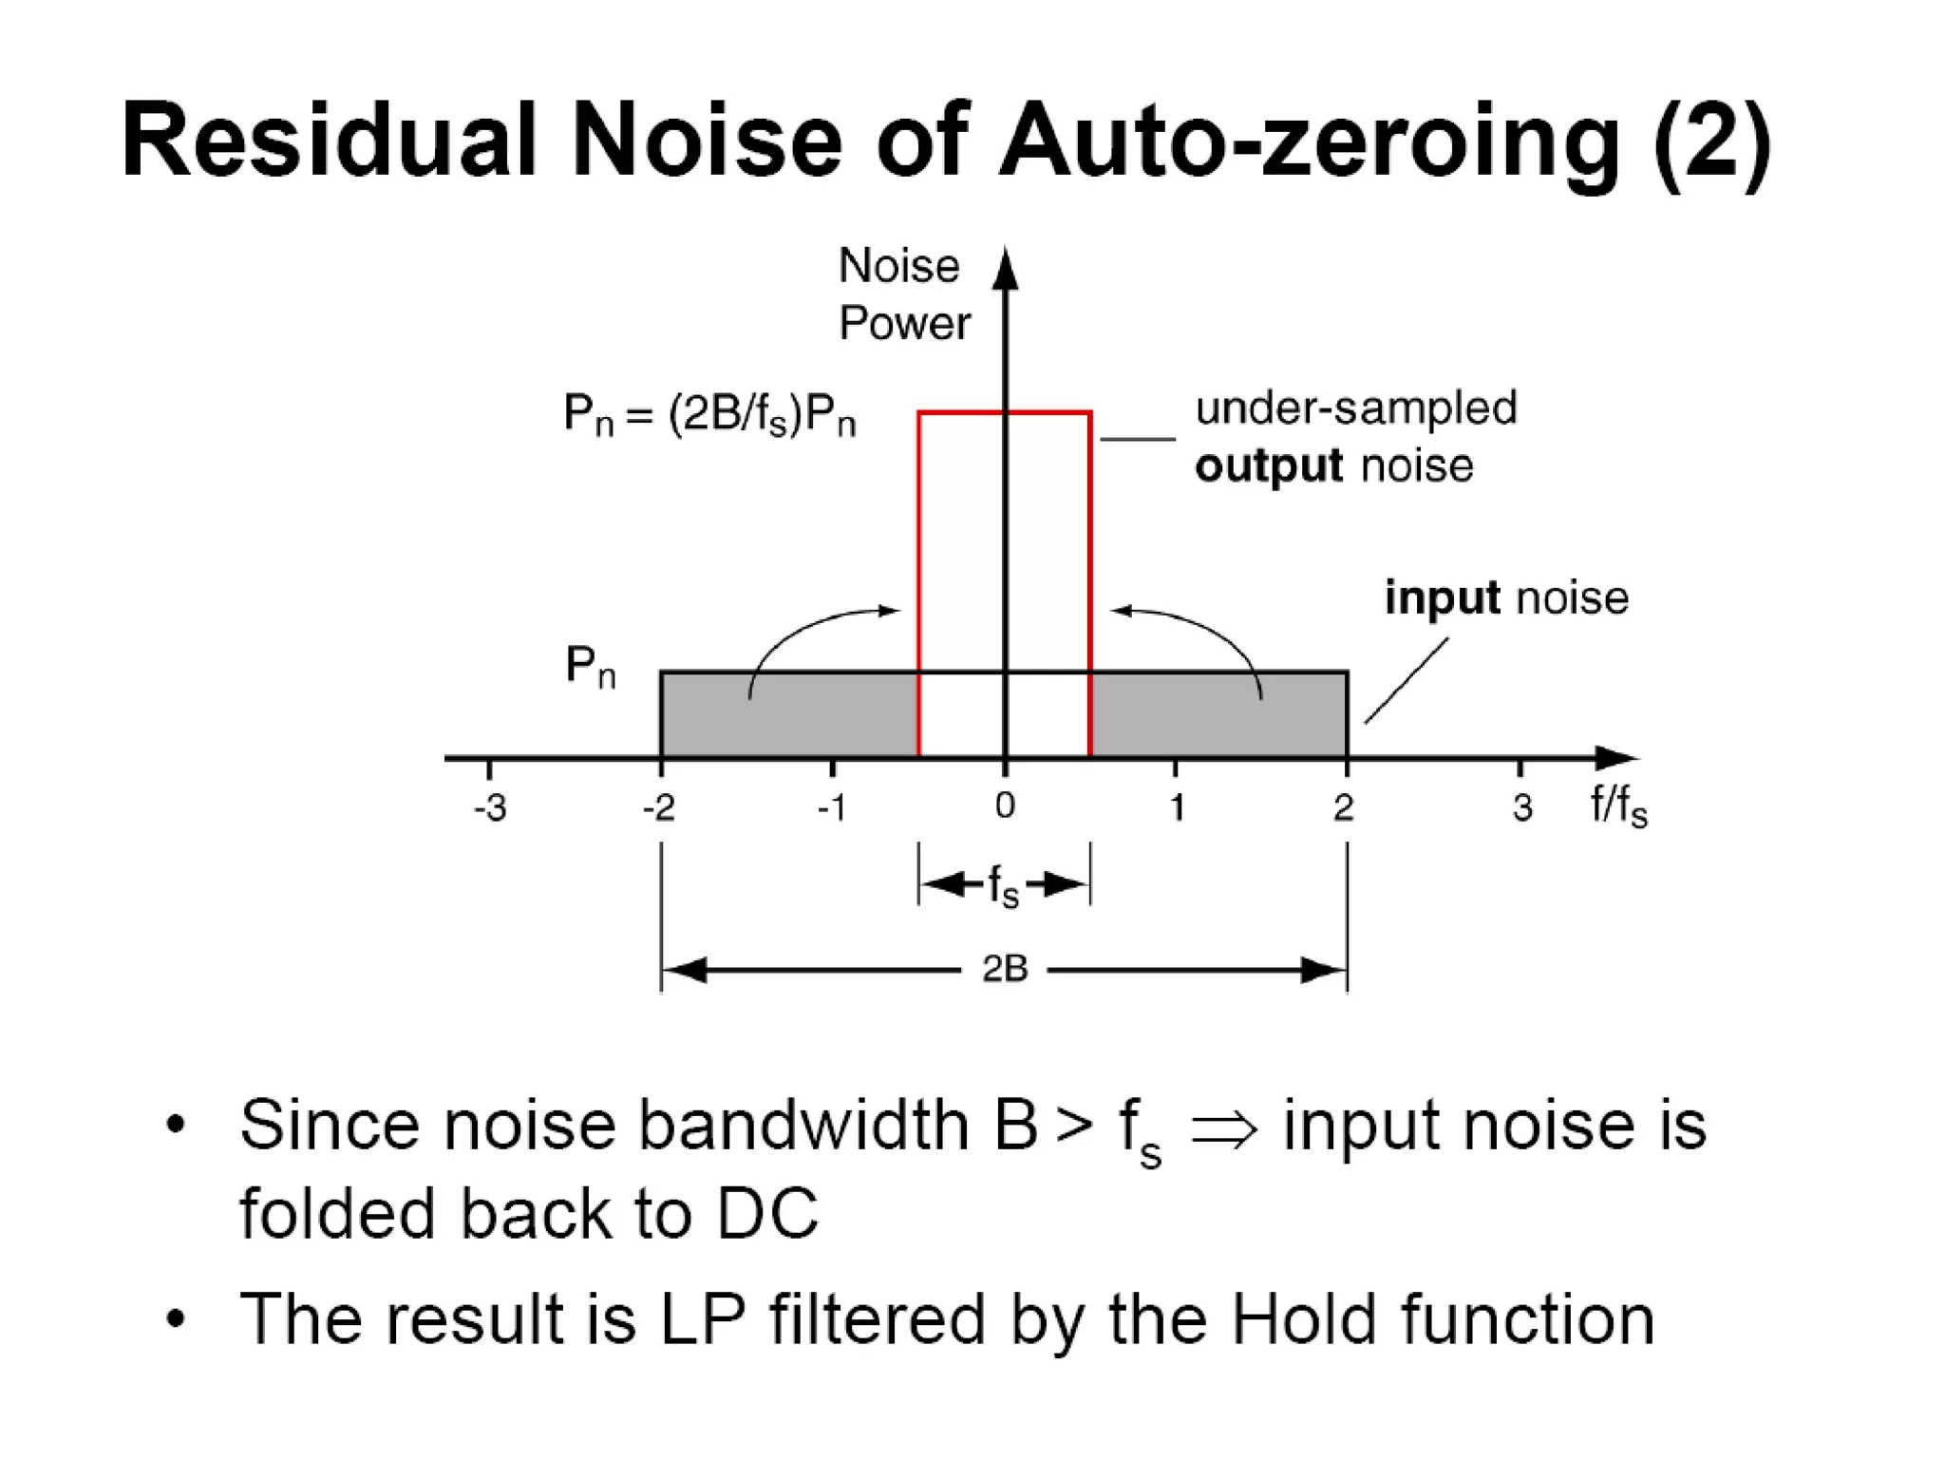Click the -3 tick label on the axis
(x=490, y=808)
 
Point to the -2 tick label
(x=659, y=808)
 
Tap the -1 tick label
(x=831, y=808)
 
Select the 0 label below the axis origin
(x=1005, y=806)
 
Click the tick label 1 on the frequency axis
(x=1177, y=808)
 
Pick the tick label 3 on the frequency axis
(x=1521, y=808)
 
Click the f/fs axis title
(x=1618, y=806)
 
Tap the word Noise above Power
(x=898, y=266)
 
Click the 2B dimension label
(x=1005, y=969)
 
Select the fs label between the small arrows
(x=1003, y=886)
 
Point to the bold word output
(x=1269, y=466)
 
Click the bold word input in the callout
(x=1442, y=598)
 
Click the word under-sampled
(x=1355, y=408)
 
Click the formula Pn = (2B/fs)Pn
(x=709, y=415)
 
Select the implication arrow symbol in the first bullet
(x=1223, y=1129)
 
